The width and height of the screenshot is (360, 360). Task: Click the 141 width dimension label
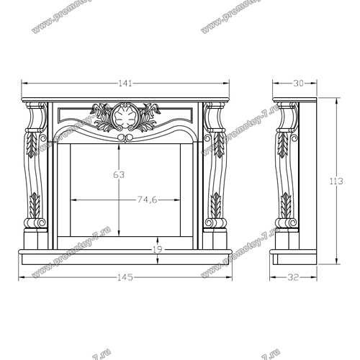pos(125,84)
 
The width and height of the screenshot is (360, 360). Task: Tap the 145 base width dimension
pos(125,277)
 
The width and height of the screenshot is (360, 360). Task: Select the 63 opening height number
pos(119,175)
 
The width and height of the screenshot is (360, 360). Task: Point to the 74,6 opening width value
pos(147,199)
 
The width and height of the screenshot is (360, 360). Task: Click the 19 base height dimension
pos(158,250)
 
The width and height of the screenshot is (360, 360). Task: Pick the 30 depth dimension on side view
pos(298,84)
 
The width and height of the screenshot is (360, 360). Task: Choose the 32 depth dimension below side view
pos(293,277)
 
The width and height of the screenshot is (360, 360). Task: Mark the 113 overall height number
pos(336,181)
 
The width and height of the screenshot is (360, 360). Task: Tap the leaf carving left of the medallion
pos(102,117)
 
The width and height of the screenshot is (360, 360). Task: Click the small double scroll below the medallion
pos(125,138)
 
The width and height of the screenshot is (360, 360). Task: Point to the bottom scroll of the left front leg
pos(35,222)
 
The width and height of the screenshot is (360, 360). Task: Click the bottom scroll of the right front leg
pos(216,222)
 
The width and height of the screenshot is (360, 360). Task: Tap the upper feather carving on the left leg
pos(32,145)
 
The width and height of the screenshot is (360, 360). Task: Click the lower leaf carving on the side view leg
pos(286,205)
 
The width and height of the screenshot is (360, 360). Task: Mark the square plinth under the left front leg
pos(35,239)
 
